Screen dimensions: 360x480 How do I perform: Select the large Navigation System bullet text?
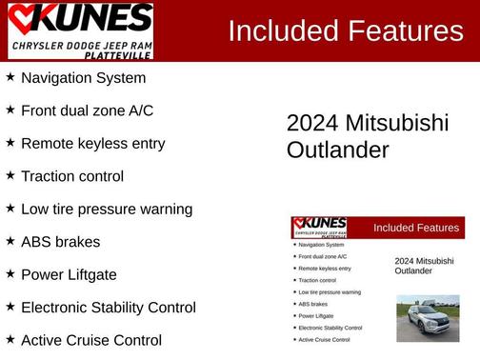[x=83, y=78]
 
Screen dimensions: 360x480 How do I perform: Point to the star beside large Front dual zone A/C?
[x=10, y=110]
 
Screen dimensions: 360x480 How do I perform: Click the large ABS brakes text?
[x=60, y=242]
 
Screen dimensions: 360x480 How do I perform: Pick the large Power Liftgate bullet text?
[x=82, y=274]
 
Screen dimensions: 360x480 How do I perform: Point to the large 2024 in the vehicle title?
[x=312, y=124]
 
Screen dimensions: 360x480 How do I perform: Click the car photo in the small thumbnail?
[x=428, y=318]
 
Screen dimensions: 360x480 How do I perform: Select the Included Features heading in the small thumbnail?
[x=416, y=228]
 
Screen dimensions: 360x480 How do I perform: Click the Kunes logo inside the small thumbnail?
[x=320, y=229]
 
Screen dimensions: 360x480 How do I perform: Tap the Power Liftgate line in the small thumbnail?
[x=316, y=315]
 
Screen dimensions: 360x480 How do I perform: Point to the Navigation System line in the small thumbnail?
[x=321, y=245]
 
